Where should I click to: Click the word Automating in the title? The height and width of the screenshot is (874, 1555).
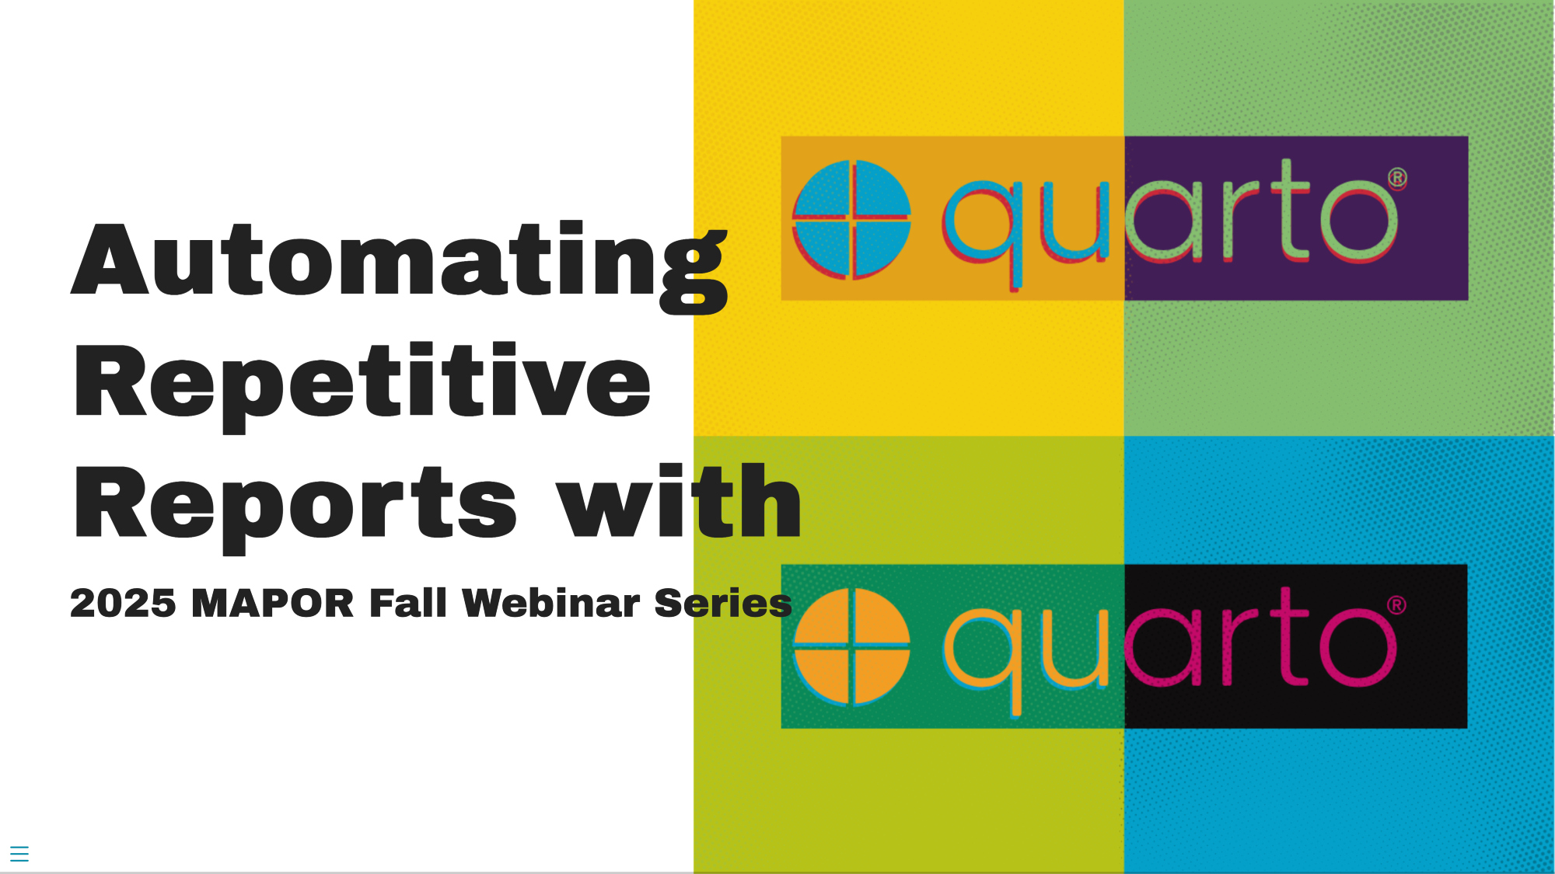[400, 267]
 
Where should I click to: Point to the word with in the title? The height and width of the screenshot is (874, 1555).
[679, 500]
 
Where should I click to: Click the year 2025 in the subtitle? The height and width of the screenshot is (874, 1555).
[123, 604]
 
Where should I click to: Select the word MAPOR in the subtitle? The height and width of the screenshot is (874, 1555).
[272, 604]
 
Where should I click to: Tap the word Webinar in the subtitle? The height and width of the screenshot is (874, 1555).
[550, 603]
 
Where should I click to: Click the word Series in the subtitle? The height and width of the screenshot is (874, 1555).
[723, 604]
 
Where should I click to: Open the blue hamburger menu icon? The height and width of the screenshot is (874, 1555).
[19, 854]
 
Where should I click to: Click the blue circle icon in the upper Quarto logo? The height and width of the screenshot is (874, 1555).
[851, 219]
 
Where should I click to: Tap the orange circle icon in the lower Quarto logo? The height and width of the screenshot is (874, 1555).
[851, 647]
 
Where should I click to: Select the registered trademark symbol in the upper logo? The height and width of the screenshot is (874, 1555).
[1397, 178]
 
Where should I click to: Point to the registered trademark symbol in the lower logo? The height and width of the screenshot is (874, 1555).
[1397, 605]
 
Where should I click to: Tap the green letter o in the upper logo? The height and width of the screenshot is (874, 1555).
[1358, 221]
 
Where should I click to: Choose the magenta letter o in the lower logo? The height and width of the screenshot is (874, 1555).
[1358, 648]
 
